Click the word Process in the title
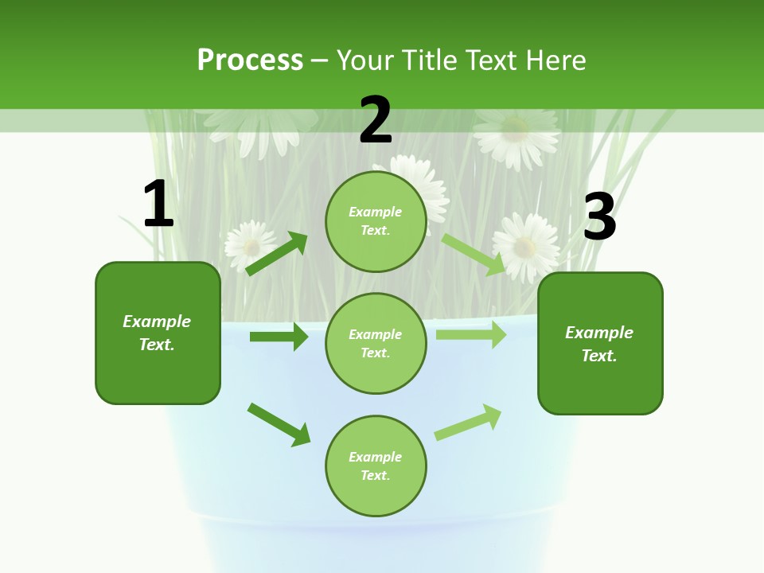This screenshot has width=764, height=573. (250, 60)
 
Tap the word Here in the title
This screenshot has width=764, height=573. (552, 60)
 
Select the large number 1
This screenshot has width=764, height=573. (158, 205)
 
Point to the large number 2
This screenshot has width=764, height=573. (376, 120)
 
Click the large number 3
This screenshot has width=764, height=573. (599, 217)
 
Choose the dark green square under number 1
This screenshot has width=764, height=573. (158, 333)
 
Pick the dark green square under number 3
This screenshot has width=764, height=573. (600, 343)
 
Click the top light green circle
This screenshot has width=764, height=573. (376, 221)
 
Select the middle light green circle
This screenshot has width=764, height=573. (376, 343)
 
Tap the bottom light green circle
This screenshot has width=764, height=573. (376, 466)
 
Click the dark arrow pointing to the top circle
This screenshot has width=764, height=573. (277, 254)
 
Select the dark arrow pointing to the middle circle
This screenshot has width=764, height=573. (279, 337)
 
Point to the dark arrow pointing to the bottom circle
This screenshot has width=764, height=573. (279, 424)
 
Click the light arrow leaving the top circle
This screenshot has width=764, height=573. (474, 254)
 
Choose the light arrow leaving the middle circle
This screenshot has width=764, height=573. (470, 335)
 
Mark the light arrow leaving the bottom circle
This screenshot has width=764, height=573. (468, 423)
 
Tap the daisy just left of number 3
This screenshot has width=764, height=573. (526, 247)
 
